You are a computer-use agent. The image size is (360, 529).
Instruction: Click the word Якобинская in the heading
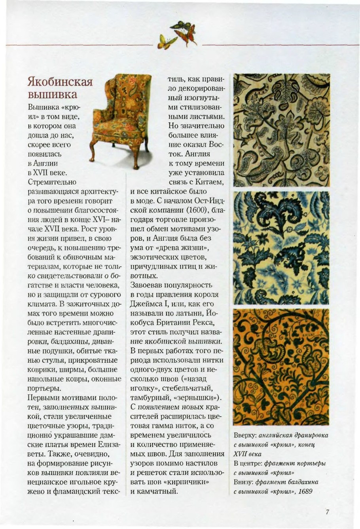pos(60,82)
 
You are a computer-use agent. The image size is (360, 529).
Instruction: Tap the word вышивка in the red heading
pos(53,95)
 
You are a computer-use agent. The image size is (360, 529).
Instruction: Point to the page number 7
pos(328,512)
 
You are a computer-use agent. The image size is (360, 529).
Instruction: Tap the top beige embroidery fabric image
pos(281,130)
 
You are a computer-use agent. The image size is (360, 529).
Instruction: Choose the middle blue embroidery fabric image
pos(281,247)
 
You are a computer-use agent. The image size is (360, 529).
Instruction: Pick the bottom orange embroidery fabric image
pos(281,367)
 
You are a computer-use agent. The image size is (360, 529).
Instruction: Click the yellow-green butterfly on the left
pos(163,41)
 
